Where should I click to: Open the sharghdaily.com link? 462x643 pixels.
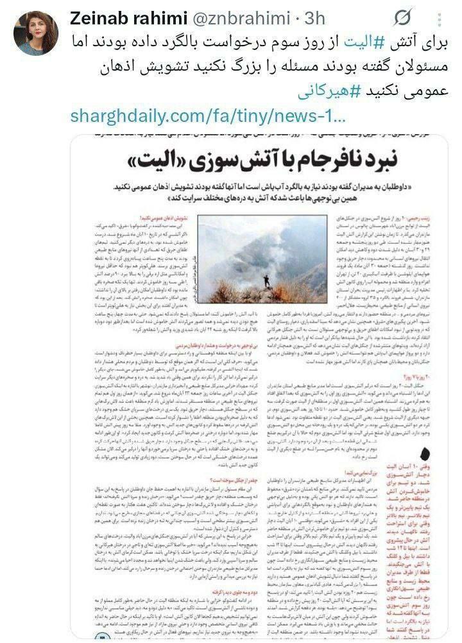tap(209, 116)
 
